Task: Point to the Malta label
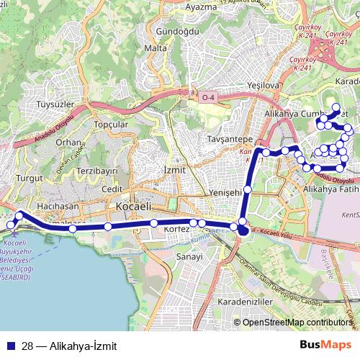(156, 48)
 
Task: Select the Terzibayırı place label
(97, 171)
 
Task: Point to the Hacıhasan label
(58, 206)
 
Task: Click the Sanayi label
(189, 256)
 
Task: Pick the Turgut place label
(32, 177)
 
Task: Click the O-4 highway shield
(208, 97)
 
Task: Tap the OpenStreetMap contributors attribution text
(297, 323)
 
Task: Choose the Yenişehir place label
(225, 192)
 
